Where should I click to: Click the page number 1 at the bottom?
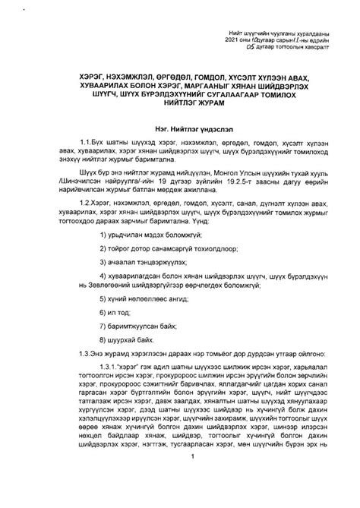tap(194, 478)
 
